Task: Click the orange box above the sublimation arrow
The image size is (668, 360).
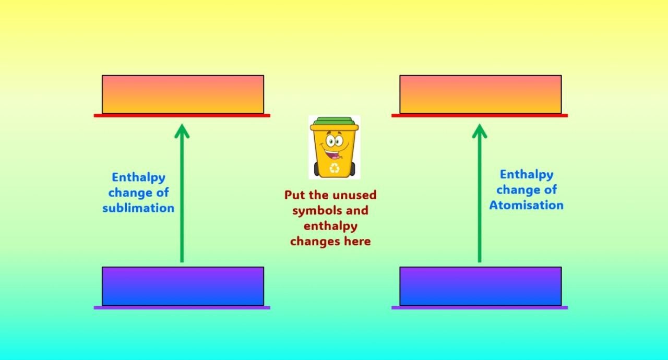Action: (x=183, y=94)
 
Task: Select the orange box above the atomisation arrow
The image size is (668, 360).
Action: (x=481, y=94)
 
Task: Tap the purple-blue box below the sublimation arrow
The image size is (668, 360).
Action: (x=183, y=286)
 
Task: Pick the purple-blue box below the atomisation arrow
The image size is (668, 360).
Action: (x=481, y=286)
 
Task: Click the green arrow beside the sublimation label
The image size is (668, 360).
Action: (x=182, y=193)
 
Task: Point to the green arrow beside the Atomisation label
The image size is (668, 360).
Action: (x=480, y=193)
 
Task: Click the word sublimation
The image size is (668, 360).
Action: (x=138, y=208)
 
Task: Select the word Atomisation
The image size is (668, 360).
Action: (x=527, y=205)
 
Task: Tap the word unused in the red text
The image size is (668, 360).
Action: (x=354, y=195)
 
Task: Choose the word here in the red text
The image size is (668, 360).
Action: (x=357, y=241)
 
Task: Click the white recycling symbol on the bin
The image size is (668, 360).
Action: (x=335, y=169)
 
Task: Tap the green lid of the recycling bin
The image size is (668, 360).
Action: (x=335, y=121)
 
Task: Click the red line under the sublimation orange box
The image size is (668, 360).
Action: (x=182, y=116)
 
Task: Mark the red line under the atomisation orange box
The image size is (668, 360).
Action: (x=480, y=116)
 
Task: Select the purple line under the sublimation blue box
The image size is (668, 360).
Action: (x=182, y=308)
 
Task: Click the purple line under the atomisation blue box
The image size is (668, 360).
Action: (x=480, y=308)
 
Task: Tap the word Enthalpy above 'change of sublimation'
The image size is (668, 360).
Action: (x=138, y=177)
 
